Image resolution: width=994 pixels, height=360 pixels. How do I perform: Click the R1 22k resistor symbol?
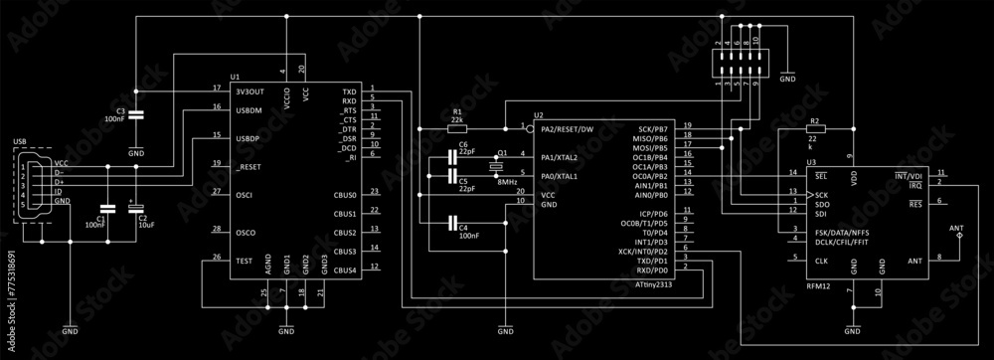click(456, 128)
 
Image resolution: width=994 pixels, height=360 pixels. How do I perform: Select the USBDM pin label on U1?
click(249, 110)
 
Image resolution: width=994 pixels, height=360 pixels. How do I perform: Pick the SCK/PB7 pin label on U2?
click(652, 129)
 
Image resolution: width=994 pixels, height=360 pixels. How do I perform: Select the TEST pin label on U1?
click(244, 260)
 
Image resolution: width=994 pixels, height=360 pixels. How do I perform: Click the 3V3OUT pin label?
click(249, 90)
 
